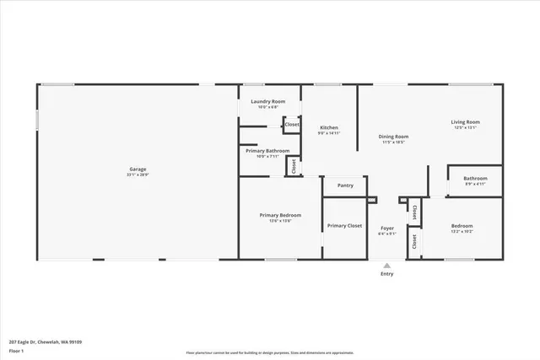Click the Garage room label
[138, 169]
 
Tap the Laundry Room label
[267, 101]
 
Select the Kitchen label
[328, 127]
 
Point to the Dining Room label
[393, 137]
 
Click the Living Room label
[466, 122]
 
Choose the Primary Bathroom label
[267, 150]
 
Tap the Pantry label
[345, 185]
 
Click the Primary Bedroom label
[280, 215]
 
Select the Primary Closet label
[344, 225]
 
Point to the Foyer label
[387, 228]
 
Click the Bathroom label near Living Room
[475, 178]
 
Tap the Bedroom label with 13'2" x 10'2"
[462, 225]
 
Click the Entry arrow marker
[387, 264]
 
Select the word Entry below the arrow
[387, 273]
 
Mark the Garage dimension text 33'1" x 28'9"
[138, 175]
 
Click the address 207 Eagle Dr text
[46, 342]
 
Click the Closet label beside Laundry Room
[292, 125]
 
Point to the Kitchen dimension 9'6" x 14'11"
[328, 133]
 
